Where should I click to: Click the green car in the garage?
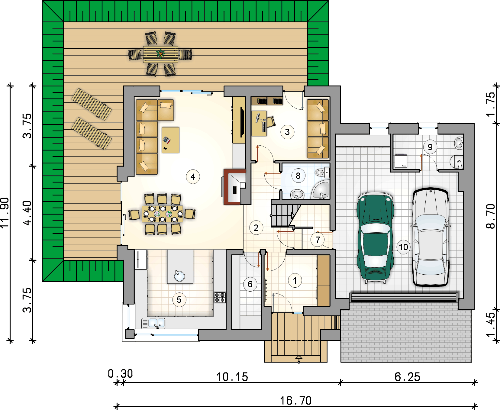pyautogui.click(x=375, y=237)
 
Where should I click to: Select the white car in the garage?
pyautogui.click(x=431, y=237)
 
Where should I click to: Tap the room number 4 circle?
pyautogui.click(x=193, y=177)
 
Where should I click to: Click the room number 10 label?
pyautogui.click(x=404, y=247)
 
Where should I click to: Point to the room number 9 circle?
pyautogui.click(x=430, y=147)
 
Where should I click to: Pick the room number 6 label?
pyautogui.click(x=250, y=284)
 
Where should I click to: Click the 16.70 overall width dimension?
pyautogui.click(x=295, y=401)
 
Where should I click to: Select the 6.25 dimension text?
pyautogui.click(x=407, y=377)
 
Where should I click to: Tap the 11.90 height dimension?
pyautogui.click(x=5, y=213)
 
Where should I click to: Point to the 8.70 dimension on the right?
pyautogui.click(x=491, y=216)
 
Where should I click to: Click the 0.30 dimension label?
pyautogui.click(x=120, y=374)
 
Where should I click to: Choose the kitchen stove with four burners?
pyautogui.click(x=220, y=297)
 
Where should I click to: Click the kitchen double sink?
pyautogui.click(x=153, y=323)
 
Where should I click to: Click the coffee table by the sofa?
pyautogui.click(x=170, y=140)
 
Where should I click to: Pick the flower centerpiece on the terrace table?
pyautogui.click(x=160, y=54)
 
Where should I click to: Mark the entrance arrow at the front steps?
pyautogui.click(x=299, y=359)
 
